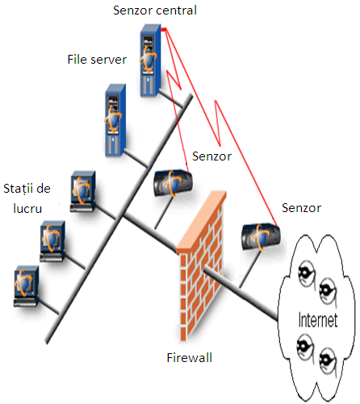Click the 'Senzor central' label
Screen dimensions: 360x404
point(155,10)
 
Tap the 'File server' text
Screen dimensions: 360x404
point(97,60)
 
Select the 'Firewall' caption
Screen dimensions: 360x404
point(190,358)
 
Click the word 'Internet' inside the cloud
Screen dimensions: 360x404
point(318,319)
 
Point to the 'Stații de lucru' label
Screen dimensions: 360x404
point(27,198)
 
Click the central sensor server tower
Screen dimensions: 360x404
point(150,60)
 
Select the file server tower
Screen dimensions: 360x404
point(115,120)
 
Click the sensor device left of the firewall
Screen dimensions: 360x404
point(173,183)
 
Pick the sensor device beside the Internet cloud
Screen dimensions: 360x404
point(261,236)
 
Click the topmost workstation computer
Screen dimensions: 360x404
point(83,192)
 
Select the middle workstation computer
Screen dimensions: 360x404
point(52,241)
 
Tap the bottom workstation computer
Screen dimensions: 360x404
point(27,286)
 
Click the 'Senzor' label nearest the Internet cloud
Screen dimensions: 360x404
point(301,208)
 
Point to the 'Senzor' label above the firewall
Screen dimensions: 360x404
point(211,156)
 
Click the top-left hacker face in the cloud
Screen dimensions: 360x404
point(307,274)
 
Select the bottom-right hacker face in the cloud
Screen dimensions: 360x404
point(329,361)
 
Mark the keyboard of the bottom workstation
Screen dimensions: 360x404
point(25,303)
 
